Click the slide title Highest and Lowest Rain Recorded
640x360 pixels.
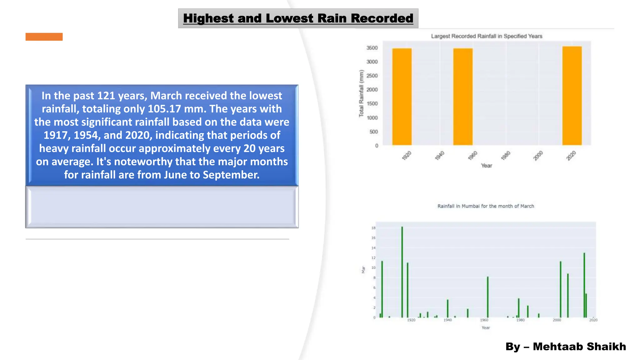click(x=298, y=18)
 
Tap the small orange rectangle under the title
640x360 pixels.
click(x=44, y=37)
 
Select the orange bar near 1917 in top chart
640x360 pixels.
click(x=402, y=97)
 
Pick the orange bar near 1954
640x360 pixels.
click(x=463, y=97)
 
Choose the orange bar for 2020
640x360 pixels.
click(x=572, y=96)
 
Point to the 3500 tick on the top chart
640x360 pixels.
click(x=372, y=48)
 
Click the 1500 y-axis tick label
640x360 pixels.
click(x=372, y=104)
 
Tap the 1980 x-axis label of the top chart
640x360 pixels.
click(x=506, y=155)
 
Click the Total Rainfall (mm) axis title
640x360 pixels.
click(x=362, y=94)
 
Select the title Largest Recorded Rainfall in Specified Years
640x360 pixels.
click(x=487, y=36)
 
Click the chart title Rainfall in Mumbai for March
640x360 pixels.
click(x=486, y=206)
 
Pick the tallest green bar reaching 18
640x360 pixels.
click(x=402, y=272)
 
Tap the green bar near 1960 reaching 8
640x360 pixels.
click(x=487, y=297)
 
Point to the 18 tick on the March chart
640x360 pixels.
click(x=373, y=228)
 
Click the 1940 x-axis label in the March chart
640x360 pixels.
click(x=447, y=320)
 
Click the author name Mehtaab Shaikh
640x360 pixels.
click(x=579, y=346)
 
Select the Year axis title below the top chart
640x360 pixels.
click(x=486, y=166)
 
